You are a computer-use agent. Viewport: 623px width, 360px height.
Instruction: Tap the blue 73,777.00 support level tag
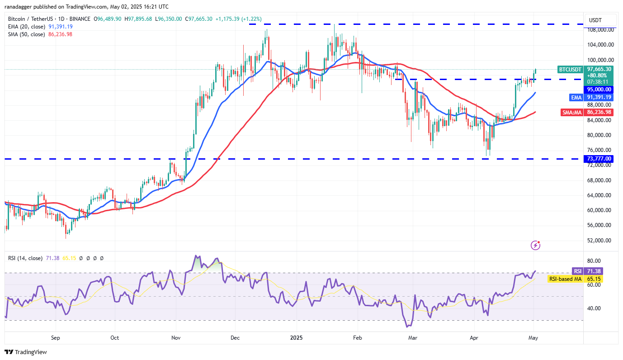coord(599,159)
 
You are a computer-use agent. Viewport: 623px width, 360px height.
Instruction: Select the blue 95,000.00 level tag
coord(599,90)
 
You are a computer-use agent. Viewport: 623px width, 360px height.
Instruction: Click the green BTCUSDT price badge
coord(571,69)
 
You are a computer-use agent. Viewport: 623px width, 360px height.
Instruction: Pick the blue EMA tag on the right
coord(575,97)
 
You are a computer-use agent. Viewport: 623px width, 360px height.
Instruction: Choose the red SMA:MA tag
coord(571,112)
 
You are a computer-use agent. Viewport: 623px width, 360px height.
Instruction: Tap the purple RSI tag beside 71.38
coord(577,271)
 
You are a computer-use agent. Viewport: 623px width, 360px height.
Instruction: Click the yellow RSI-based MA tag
coord(565,279)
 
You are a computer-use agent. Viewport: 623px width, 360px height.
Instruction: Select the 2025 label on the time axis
coord(297,337)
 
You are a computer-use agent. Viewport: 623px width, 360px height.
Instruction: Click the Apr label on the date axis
coord(473,337)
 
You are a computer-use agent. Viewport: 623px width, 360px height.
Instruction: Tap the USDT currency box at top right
coord(600,20)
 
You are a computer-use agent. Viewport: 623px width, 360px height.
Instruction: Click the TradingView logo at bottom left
coord(26,352)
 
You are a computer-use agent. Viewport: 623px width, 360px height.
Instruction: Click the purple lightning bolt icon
coord(535,245)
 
